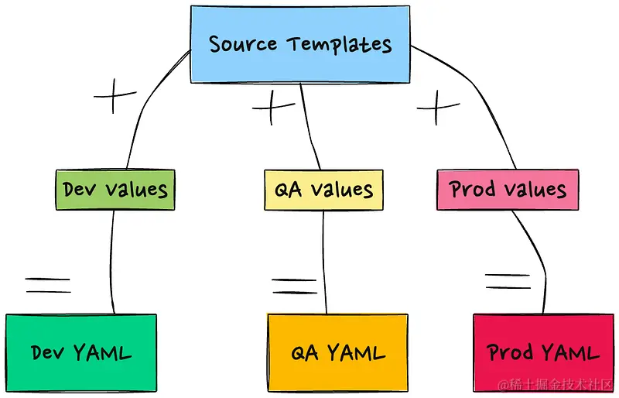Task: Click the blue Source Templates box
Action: (300, 44)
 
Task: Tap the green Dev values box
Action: (115, 190)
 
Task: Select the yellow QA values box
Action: (324, 190)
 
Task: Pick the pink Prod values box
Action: (508, 190)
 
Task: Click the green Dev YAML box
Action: (81, 354)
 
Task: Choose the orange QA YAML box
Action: (337, 354)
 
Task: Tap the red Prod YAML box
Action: (543, 354)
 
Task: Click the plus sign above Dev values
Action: (115, 98)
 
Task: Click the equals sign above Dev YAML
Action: (48, 285)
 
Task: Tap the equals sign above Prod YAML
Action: (508, 280)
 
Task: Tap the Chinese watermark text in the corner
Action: (557, 385)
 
